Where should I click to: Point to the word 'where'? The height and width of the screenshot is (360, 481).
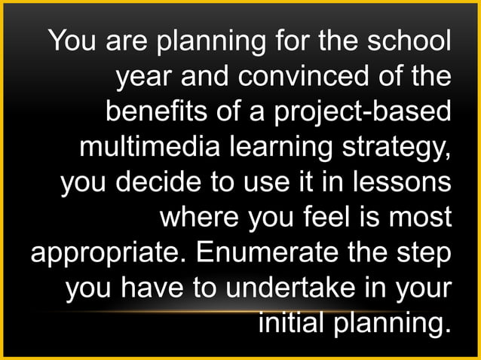point(193,215)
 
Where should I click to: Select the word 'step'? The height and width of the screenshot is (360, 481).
point(424,252)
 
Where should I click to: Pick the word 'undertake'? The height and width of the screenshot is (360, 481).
point(274,286)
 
